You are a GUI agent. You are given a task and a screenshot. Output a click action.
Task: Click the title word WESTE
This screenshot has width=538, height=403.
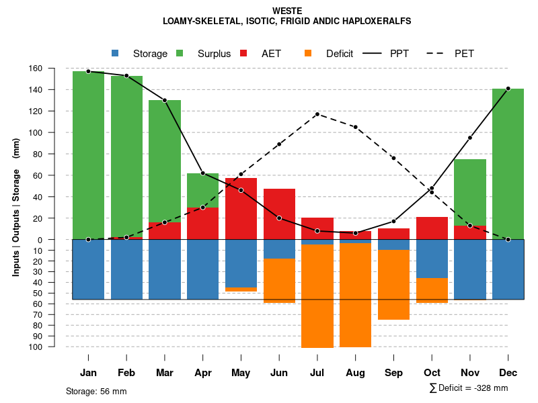click(x=287, y=11)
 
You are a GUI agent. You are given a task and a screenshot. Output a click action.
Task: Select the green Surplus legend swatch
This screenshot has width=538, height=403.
click(x=180, y=53)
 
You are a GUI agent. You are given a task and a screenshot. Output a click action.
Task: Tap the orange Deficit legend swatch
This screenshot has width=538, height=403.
click(x=308, y=53)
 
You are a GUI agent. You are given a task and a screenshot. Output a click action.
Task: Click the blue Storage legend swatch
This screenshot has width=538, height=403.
click(x=115, y=53)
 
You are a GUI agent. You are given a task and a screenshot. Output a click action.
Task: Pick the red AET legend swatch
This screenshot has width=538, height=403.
click(x=243, y=53)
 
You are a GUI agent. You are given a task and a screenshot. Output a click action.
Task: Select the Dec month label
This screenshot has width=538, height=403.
click(x=508, y=373)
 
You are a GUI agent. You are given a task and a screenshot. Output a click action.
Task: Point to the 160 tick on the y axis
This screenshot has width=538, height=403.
click(x=54, y=69)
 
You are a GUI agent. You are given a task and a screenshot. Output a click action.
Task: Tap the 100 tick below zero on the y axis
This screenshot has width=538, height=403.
click(x=54, y=347)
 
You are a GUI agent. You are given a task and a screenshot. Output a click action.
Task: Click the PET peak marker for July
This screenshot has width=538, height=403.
click(x=317, y=114)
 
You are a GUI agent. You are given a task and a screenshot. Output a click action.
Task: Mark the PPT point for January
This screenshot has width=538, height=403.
click(x=88, y=71)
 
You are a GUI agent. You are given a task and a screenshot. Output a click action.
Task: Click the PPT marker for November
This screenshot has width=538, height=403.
click(x=469, y=138)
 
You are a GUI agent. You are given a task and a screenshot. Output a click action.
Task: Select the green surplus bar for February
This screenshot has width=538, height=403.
click(x=126, y=154)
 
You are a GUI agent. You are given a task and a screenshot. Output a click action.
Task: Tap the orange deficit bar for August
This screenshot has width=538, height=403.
click(x=355, y=296)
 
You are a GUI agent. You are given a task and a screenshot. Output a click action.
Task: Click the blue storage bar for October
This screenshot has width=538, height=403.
click(x=432, y=259)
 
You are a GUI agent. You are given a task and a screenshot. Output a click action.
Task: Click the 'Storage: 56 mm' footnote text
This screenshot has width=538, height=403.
click(x=96, y=391)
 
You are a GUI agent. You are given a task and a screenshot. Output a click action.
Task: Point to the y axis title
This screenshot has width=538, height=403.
click(x=16, y=208)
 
